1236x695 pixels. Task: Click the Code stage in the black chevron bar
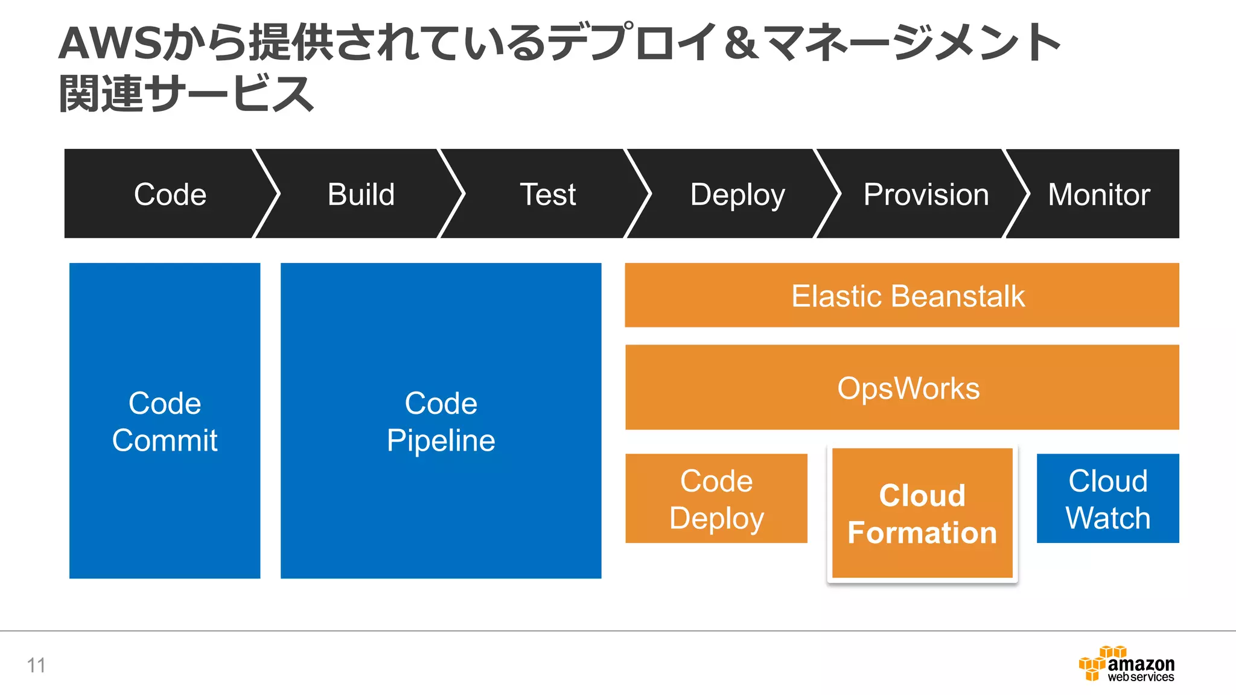coord(170,194)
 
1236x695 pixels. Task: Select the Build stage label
coord(361,194)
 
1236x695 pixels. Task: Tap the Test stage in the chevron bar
coord(547,194)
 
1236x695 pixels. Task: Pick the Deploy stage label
coord(737,194)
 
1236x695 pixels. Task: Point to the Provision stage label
coord(926,194)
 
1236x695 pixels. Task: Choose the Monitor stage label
coord(1098,194)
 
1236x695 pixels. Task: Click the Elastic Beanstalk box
coord(902,296)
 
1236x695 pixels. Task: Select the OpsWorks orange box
coord(902,388)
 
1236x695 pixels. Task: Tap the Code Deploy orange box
coord(716,499)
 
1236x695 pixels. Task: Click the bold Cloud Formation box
coord(922,513)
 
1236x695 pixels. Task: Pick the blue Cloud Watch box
coord(1107,499)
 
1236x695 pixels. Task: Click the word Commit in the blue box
coord(165,440)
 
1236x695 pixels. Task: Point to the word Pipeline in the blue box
coord(441,440)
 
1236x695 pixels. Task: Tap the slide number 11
coord(36,665)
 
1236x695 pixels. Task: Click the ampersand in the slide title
coord(741,43)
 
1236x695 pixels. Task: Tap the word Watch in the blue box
coord(1107,518)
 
